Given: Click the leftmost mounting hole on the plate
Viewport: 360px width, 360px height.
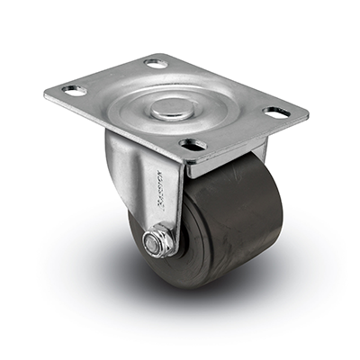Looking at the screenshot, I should point(73,91).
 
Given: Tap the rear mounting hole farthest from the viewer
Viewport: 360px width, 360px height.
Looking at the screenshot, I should point(155,64).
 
